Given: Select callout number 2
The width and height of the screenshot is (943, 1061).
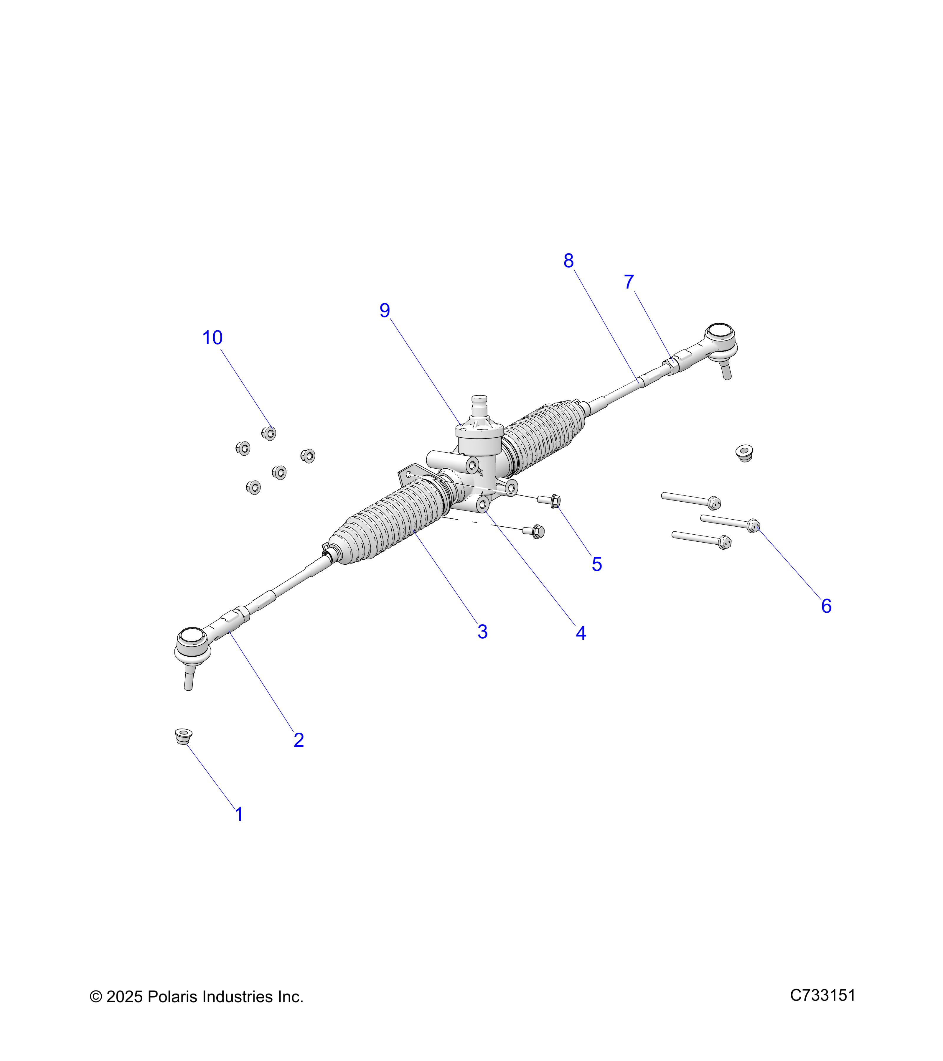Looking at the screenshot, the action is tap(299, 740).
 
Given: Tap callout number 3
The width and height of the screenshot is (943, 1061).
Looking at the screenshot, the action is tap(482, 632).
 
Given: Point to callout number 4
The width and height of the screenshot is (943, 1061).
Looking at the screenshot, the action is tap(581, 633).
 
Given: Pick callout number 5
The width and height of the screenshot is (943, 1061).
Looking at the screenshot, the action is tap(597, 564).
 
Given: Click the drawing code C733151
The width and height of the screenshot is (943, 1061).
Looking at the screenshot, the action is tap(822, 995).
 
